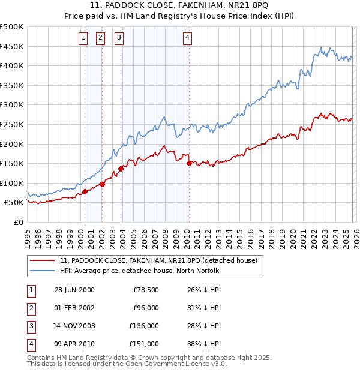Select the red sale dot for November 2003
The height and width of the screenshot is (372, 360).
click(x=121, y=169)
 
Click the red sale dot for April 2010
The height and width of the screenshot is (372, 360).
click(x=189, y=163)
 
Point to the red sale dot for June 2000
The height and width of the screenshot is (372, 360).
click(x=85, y=191)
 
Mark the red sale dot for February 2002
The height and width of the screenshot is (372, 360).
click(x=102, y=184)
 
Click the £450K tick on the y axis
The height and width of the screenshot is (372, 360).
click(x=12, y=46)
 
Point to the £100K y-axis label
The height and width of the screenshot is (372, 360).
click(x=12, y=183)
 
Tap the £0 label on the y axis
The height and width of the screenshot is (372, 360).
click(x=18, y=223)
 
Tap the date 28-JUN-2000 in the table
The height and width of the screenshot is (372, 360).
click(x=74, y=290)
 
